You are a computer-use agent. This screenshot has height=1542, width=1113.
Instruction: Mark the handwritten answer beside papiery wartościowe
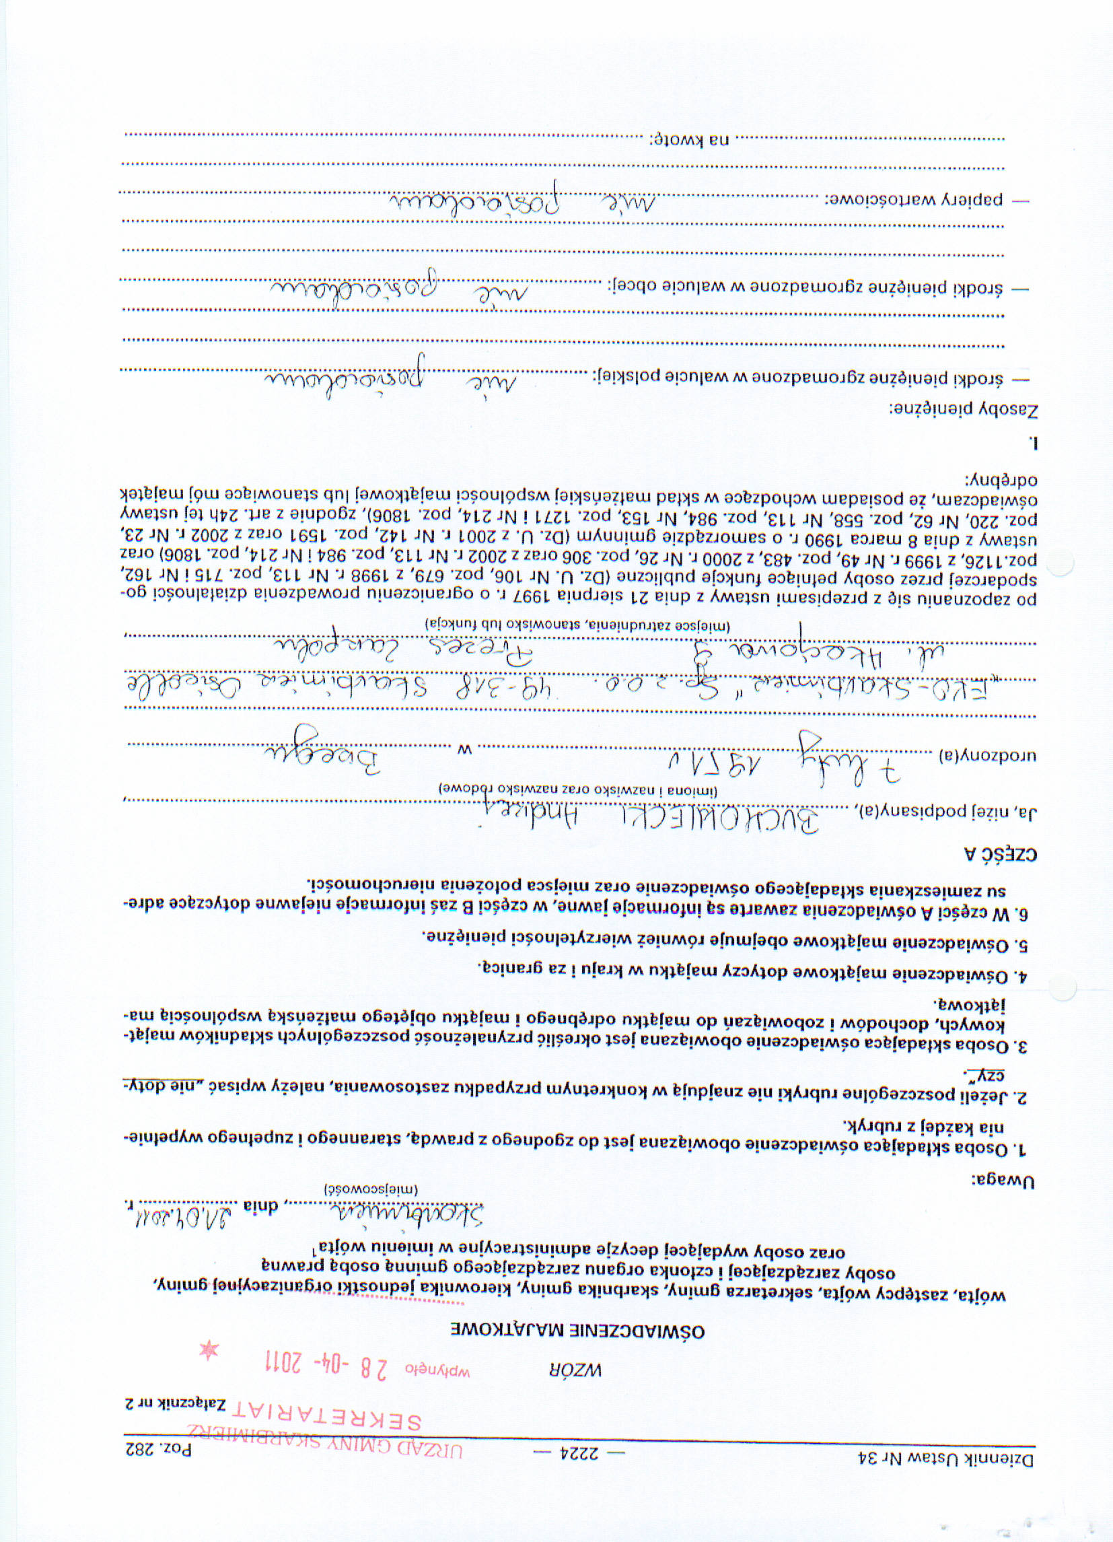click(x=524, y=199)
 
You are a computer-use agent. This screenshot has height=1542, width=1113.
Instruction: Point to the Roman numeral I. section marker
click(x=1034, y=443)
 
